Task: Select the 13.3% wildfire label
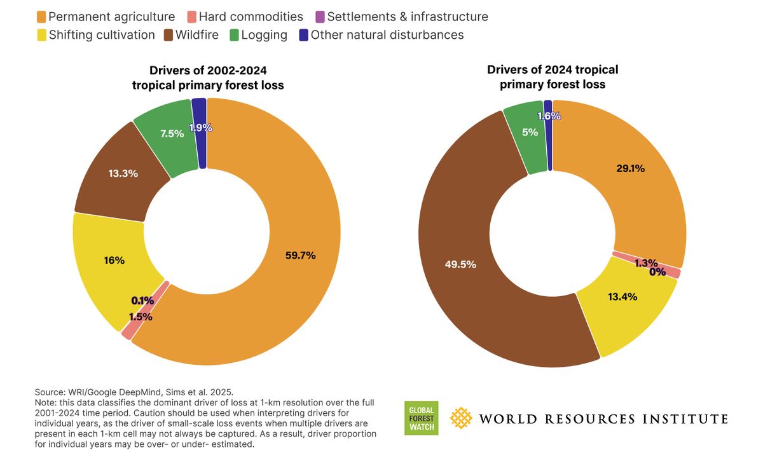122,173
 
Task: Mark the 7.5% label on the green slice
172,133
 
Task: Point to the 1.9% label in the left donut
200,127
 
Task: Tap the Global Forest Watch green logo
421,418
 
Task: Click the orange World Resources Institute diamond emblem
461,418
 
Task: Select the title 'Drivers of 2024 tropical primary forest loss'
553,76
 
